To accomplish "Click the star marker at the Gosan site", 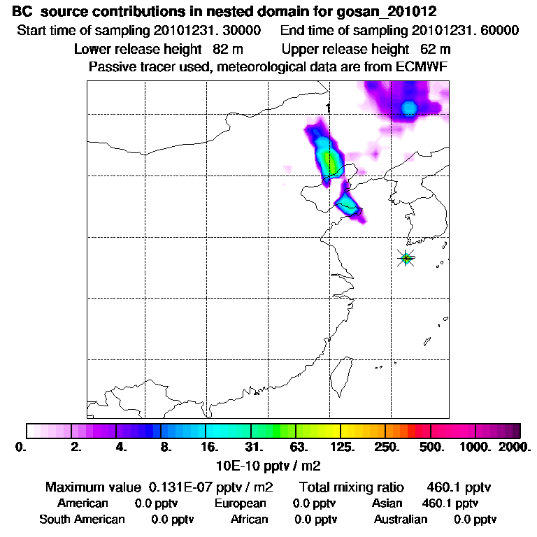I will point(406,258).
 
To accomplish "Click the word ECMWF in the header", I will point(424,66).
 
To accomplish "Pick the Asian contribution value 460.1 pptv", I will point(450,503).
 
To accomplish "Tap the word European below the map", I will point(241,503).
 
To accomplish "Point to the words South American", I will point(82,520).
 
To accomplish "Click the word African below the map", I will point(249,520).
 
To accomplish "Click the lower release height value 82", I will point(211,49).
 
